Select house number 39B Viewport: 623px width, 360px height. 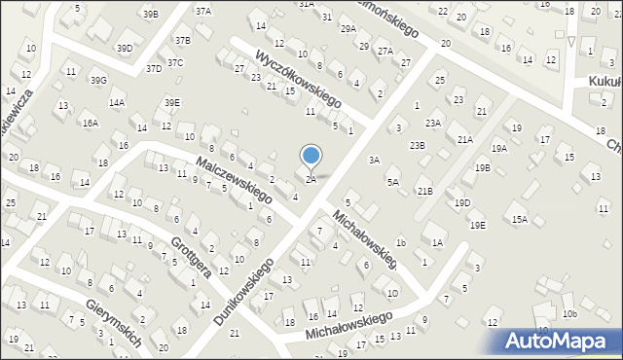150,15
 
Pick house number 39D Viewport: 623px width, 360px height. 125,48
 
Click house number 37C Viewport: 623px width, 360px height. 174,62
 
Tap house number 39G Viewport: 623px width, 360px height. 99,80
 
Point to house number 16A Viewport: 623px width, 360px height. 90,124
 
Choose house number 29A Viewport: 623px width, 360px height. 348,29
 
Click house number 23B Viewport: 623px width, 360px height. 417,145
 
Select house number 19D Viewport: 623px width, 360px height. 462,202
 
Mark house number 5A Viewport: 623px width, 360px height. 393,182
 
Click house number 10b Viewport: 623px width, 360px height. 569,313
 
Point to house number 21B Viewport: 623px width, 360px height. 424,191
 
